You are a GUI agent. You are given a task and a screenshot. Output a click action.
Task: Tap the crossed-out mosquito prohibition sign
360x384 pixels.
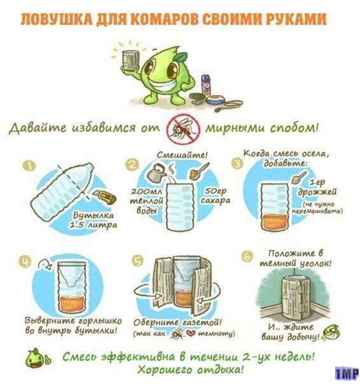tap(184, 128)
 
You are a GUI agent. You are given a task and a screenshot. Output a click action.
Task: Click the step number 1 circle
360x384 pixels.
tap(29, 167)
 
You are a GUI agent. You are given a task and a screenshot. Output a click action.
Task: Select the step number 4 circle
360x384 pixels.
tap(25, 261)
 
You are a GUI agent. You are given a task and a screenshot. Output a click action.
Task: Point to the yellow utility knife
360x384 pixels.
tap(105, 196)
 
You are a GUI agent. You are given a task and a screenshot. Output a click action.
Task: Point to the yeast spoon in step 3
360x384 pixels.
tap(299, 178)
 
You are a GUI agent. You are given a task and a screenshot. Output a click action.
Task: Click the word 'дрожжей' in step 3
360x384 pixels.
tap(317, 193)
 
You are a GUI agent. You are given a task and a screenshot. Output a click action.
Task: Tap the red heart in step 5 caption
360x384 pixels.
tap(191, 333)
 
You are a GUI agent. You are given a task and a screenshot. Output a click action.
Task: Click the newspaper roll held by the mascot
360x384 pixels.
tap(130, 60)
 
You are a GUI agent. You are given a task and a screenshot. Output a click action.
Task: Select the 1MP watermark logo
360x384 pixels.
tap(347, 373)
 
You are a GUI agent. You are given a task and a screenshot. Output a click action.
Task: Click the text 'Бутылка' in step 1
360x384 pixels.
tap(94, 216)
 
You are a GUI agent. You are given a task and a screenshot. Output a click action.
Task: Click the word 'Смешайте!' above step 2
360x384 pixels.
tap(182, 155)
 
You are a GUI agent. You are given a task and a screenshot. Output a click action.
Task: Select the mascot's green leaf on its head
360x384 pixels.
tap(181, 57)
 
